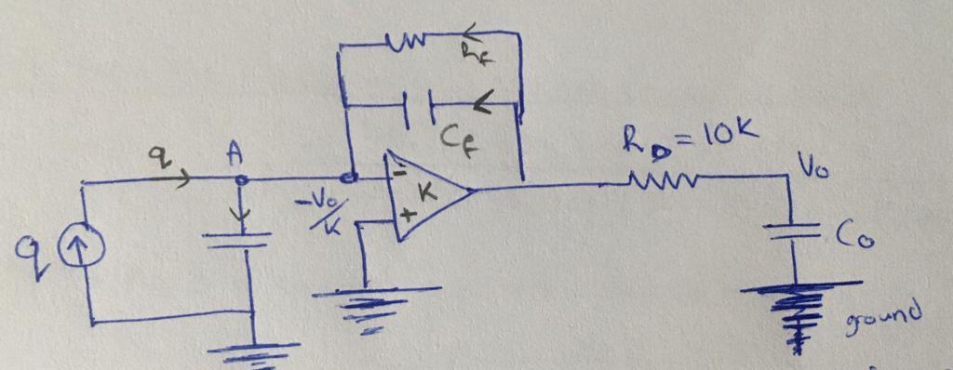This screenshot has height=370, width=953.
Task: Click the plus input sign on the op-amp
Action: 406,216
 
